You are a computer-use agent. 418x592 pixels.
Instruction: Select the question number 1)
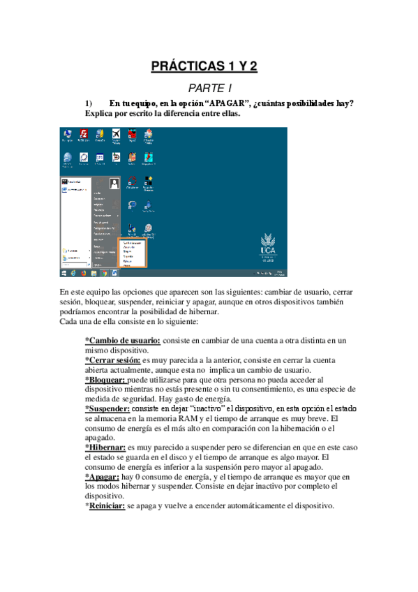(89, 103)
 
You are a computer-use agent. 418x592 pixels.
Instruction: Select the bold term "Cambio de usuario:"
(122, 341)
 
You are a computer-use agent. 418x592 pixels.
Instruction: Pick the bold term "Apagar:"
(103, 476)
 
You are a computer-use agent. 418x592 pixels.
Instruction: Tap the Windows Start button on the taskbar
(64, 274)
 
